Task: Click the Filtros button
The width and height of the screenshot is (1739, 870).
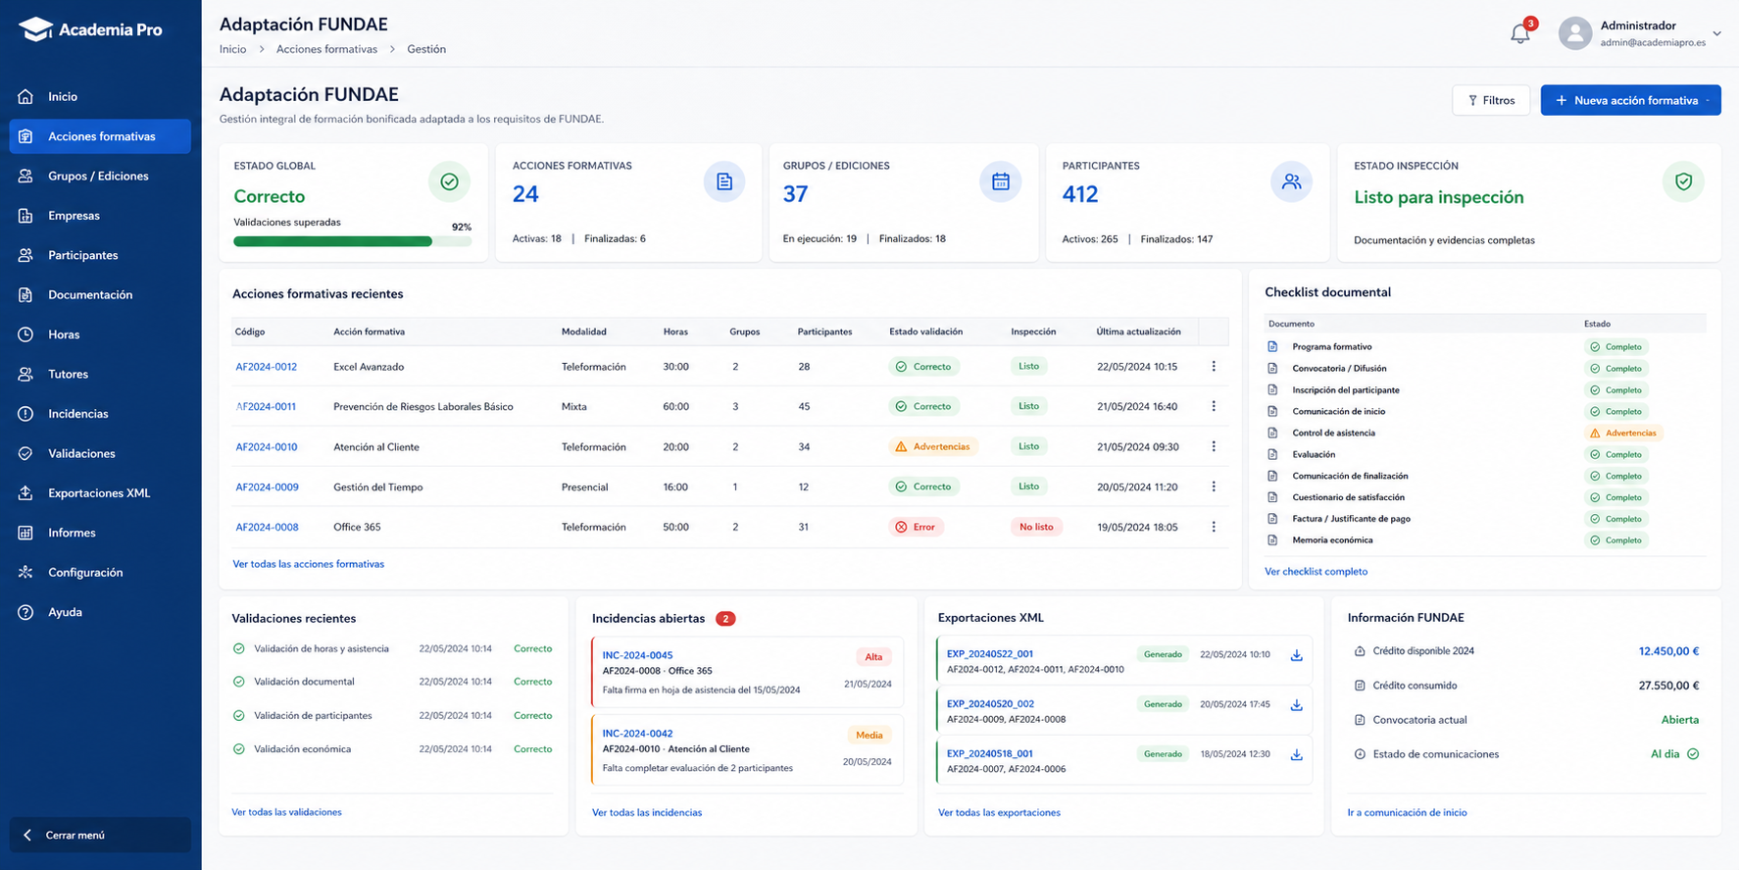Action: click(1490, 100)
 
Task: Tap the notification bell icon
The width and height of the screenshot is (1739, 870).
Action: click(1519, 33)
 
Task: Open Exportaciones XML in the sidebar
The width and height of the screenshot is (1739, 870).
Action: click(99, 493)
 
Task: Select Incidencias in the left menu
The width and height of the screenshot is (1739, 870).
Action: click(78, 414)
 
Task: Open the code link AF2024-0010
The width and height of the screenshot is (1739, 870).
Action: click(267, 447)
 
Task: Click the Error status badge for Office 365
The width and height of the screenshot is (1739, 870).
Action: click(917, 527)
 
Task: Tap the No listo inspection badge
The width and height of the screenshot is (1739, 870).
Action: click(1036, 527)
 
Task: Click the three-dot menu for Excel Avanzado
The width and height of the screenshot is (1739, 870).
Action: click(1214, 367)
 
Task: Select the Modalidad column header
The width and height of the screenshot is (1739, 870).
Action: click(584, 332)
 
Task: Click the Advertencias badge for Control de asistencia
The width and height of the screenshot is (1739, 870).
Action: click(1622, 433)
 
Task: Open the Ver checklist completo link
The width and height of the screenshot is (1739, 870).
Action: click(1316, 571)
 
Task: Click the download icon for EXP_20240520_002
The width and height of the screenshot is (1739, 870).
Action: click(1296, 705)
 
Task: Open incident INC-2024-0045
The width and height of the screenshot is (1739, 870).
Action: click(637, 655)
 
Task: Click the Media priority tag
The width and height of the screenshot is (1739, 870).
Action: click(869, 735)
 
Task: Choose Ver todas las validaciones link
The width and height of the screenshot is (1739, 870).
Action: click(286, 812)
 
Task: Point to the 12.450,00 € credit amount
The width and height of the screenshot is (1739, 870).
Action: click(1668, 651)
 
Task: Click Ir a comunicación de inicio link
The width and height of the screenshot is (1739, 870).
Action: click(1407, 812)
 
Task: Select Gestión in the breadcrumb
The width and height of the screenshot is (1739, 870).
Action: click(426, 49)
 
